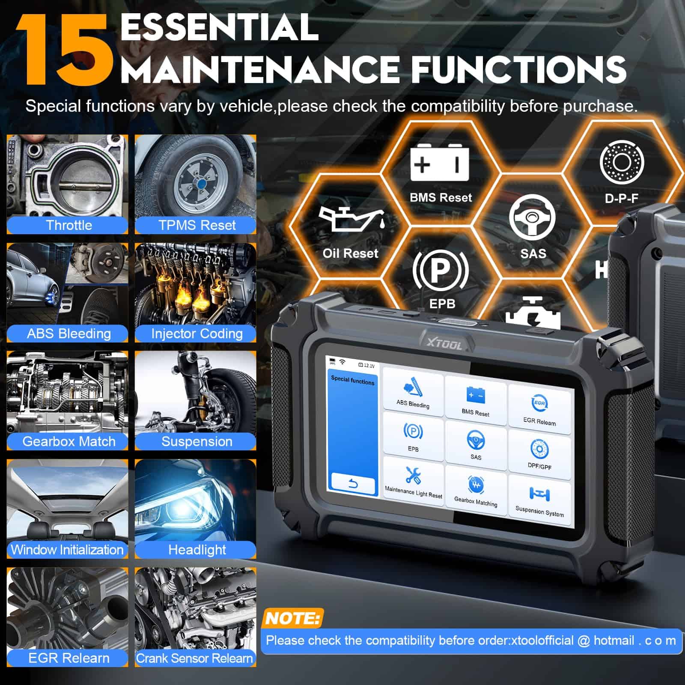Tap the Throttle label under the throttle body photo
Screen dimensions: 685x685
click(68, 225)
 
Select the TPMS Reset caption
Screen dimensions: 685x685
click(197, 225)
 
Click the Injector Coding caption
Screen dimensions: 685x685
click(197, 334)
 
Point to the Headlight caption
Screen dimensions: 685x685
click(197, 550)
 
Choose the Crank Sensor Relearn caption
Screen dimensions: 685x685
click(195, 658)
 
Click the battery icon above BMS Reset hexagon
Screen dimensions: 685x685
click(439, 163)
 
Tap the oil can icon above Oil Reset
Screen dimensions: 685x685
click(351, 219)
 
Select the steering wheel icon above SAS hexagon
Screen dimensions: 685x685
click(532, 217)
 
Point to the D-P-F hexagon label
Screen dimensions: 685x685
click(621, 198)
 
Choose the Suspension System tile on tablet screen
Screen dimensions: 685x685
click(539, 501)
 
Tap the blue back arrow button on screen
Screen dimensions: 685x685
click(353, 484)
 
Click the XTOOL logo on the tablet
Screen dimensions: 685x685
click(444, 344)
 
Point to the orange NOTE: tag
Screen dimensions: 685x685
click(292, 619)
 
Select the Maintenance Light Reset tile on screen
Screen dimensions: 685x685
click(413, 482)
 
